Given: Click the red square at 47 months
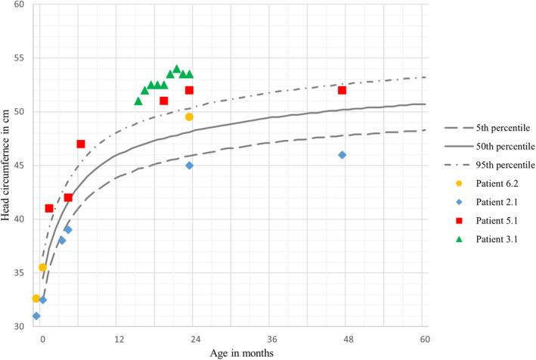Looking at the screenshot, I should pyautogui.click(x=342, y=90).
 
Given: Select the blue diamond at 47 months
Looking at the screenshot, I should pyautogui.click(x=342, y=154).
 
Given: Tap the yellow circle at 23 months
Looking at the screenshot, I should pyautogui.click(x=189, y=116).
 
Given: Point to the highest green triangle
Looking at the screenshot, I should pyautogui.click(x=177, y=69).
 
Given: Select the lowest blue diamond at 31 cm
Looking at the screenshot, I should pyautogui.click(x=36, y=315).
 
